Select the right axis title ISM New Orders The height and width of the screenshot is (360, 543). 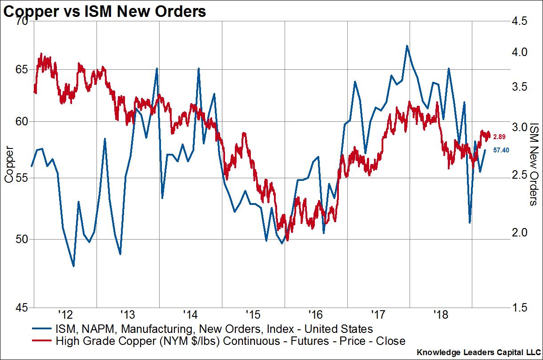pos(534,165)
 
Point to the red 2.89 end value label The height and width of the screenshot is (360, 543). pos(500,135)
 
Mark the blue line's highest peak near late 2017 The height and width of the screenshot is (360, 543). pos(406,46)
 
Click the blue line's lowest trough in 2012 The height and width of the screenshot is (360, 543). pos(73,266)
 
